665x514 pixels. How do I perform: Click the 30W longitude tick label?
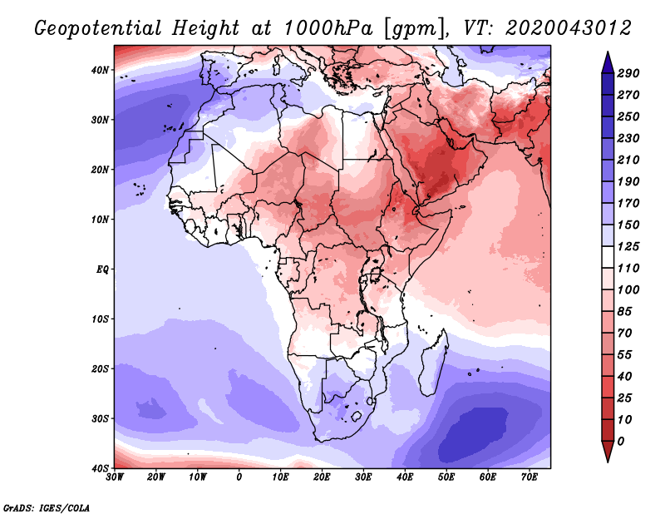point(116,477)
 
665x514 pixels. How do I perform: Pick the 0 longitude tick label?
point(239,477)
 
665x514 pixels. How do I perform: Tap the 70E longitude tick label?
point(529,477)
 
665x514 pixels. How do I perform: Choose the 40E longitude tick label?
point(405,477)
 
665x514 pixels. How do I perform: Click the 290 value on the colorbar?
point(628,74)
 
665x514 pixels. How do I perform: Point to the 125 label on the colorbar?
point(628,248)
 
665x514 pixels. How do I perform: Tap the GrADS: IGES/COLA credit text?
point(47,507)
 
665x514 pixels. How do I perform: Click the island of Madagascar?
point(432,370)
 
